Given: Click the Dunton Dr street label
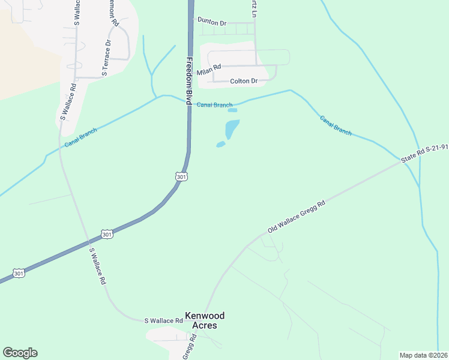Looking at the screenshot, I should click(212, 23).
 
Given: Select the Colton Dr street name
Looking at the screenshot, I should click(244, 81).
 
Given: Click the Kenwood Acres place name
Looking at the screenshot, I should click(201, 320).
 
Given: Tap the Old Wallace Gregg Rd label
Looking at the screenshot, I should click(297, 217).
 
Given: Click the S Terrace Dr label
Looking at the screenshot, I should click(107, 58).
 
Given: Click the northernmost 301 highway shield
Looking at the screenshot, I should click(182, 176).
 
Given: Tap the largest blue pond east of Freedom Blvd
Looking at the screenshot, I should click(232, 128).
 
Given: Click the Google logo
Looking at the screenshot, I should click(20, 353).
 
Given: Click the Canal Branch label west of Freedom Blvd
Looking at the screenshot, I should click(80, 139).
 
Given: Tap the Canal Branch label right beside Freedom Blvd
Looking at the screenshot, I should click(214, 105).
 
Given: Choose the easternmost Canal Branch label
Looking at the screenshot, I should click(336, 125).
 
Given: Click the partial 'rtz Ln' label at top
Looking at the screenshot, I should click(254, 7).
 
